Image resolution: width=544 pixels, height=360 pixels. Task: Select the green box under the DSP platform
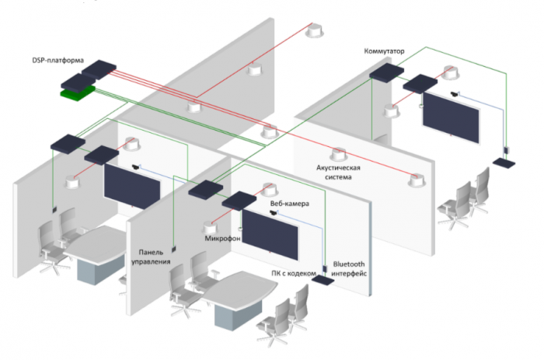tap(78, 93)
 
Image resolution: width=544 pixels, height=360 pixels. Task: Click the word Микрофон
tap(221, 239)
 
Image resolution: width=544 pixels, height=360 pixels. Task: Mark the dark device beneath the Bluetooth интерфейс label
tap(322, 282)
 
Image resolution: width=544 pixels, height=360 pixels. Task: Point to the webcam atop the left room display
tap(137, 166)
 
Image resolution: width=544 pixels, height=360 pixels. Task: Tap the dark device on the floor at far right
tap(504, 164)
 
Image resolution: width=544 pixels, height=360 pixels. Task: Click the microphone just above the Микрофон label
tap(210, 228)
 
